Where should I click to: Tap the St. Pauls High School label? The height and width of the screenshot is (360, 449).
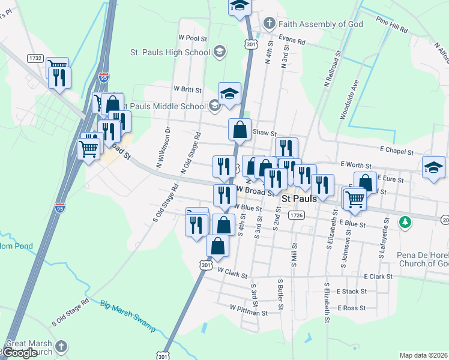pyautogui.click(x=170, y=52)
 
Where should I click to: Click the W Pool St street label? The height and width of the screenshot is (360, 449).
pyautogui.click(x=193, y=37)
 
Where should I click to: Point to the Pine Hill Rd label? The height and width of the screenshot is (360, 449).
pyautogui.click(x=392, y=25)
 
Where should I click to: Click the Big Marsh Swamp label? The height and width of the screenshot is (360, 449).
pyautogui.click(x=127, y=316)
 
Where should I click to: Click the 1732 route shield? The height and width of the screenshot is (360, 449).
pyautogui.click(x=35, y=58)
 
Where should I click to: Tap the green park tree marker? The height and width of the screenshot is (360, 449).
pyautogui.click(x=406, y=222)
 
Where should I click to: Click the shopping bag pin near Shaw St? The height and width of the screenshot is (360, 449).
pyautogui.click(x=240, y=130)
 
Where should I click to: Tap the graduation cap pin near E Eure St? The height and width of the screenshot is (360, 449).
pyautogui.click(x=433, y=167)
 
